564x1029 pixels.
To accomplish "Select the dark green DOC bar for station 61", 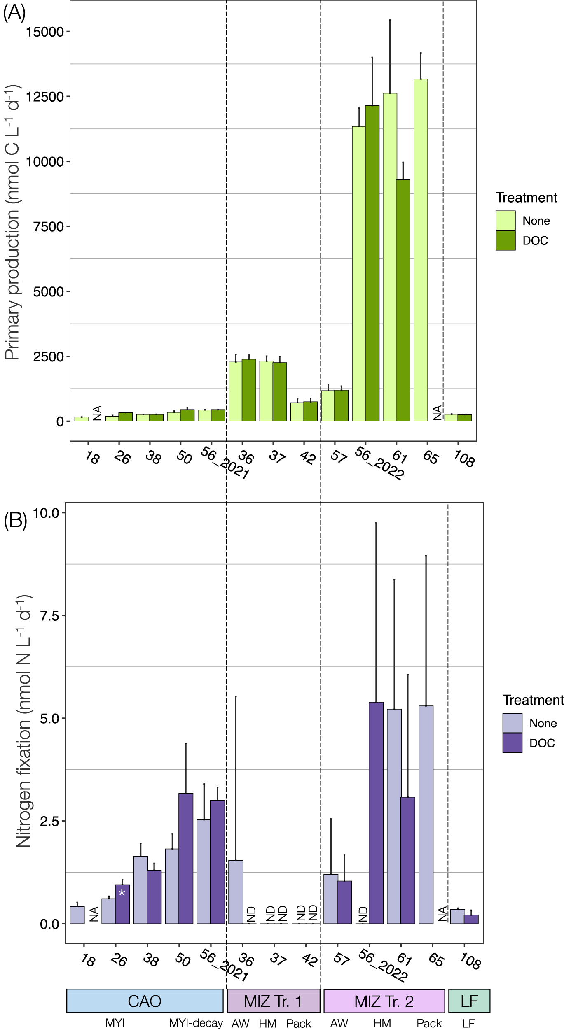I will point(403,300).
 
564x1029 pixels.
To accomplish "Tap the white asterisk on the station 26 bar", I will point(122,893).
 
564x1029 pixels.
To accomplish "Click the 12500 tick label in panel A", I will point(45,97).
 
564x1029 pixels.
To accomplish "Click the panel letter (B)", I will point(15,521).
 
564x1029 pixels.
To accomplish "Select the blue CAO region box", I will point(145,1001).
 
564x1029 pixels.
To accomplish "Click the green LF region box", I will point(469,1001).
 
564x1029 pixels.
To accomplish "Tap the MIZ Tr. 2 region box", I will point(384,1001).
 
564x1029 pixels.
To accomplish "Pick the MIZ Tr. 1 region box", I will point(274,1001).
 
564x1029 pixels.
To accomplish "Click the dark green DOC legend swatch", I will point(505,240).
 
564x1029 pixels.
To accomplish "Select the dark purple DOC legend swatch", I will point(512,743).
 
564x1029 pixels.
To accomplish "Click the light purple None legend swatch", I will point(512,723).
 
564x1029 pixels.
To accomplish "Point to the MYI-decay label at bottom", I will point(196,1023).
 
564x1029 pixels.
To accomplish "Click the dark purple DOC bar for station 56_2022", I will point(376,812).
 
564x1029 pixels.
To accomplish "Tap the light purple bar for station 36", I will point(236,892).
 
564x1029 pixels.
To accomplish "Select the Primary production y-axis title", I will point(12,222).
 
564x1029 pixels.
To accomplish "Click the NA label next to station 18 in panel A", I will point(98,413).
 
